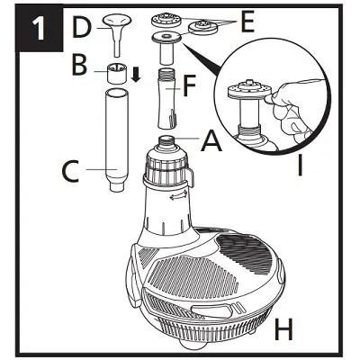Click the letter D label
pos(82,29)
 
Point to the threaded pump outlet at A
pos(168,142)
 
